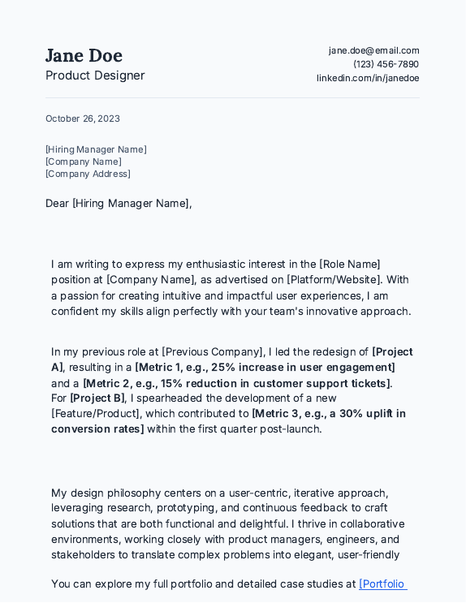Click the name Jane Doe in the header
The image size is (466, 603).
(84, 56)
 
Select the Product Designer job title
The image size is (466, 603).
(95, 75)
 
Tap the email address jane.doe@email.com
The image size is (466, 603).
(373, 50)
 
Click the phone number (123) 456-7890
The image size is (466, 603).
(386, 64)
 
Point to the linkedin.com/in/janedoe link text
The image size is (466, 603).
(368, 78)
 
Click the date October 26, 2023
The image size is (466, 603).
(82, 118)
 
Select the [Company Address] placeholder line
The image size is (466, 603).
(88, 174)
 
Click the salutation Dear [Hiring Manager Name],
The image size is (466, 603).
(119, 203)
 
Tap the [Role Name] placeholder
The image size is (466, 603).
(350, 264)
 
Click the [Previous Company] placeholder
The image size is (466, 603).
(214, 351)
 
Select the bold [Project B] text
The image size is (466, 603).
(97, 398)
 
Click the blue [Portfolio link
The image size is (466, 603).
(382, 584)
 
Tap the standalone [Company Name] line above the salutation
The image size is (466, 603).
(83, 162)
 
